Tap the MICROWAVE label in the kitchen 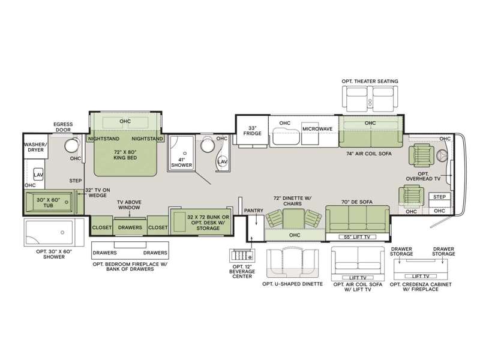(x=317, y=129)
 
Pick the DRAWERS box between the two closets (x=130, y=227)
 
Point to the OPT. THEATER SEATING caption (x=370, y=81)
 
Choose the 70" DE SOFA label (x=356, y=202)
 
